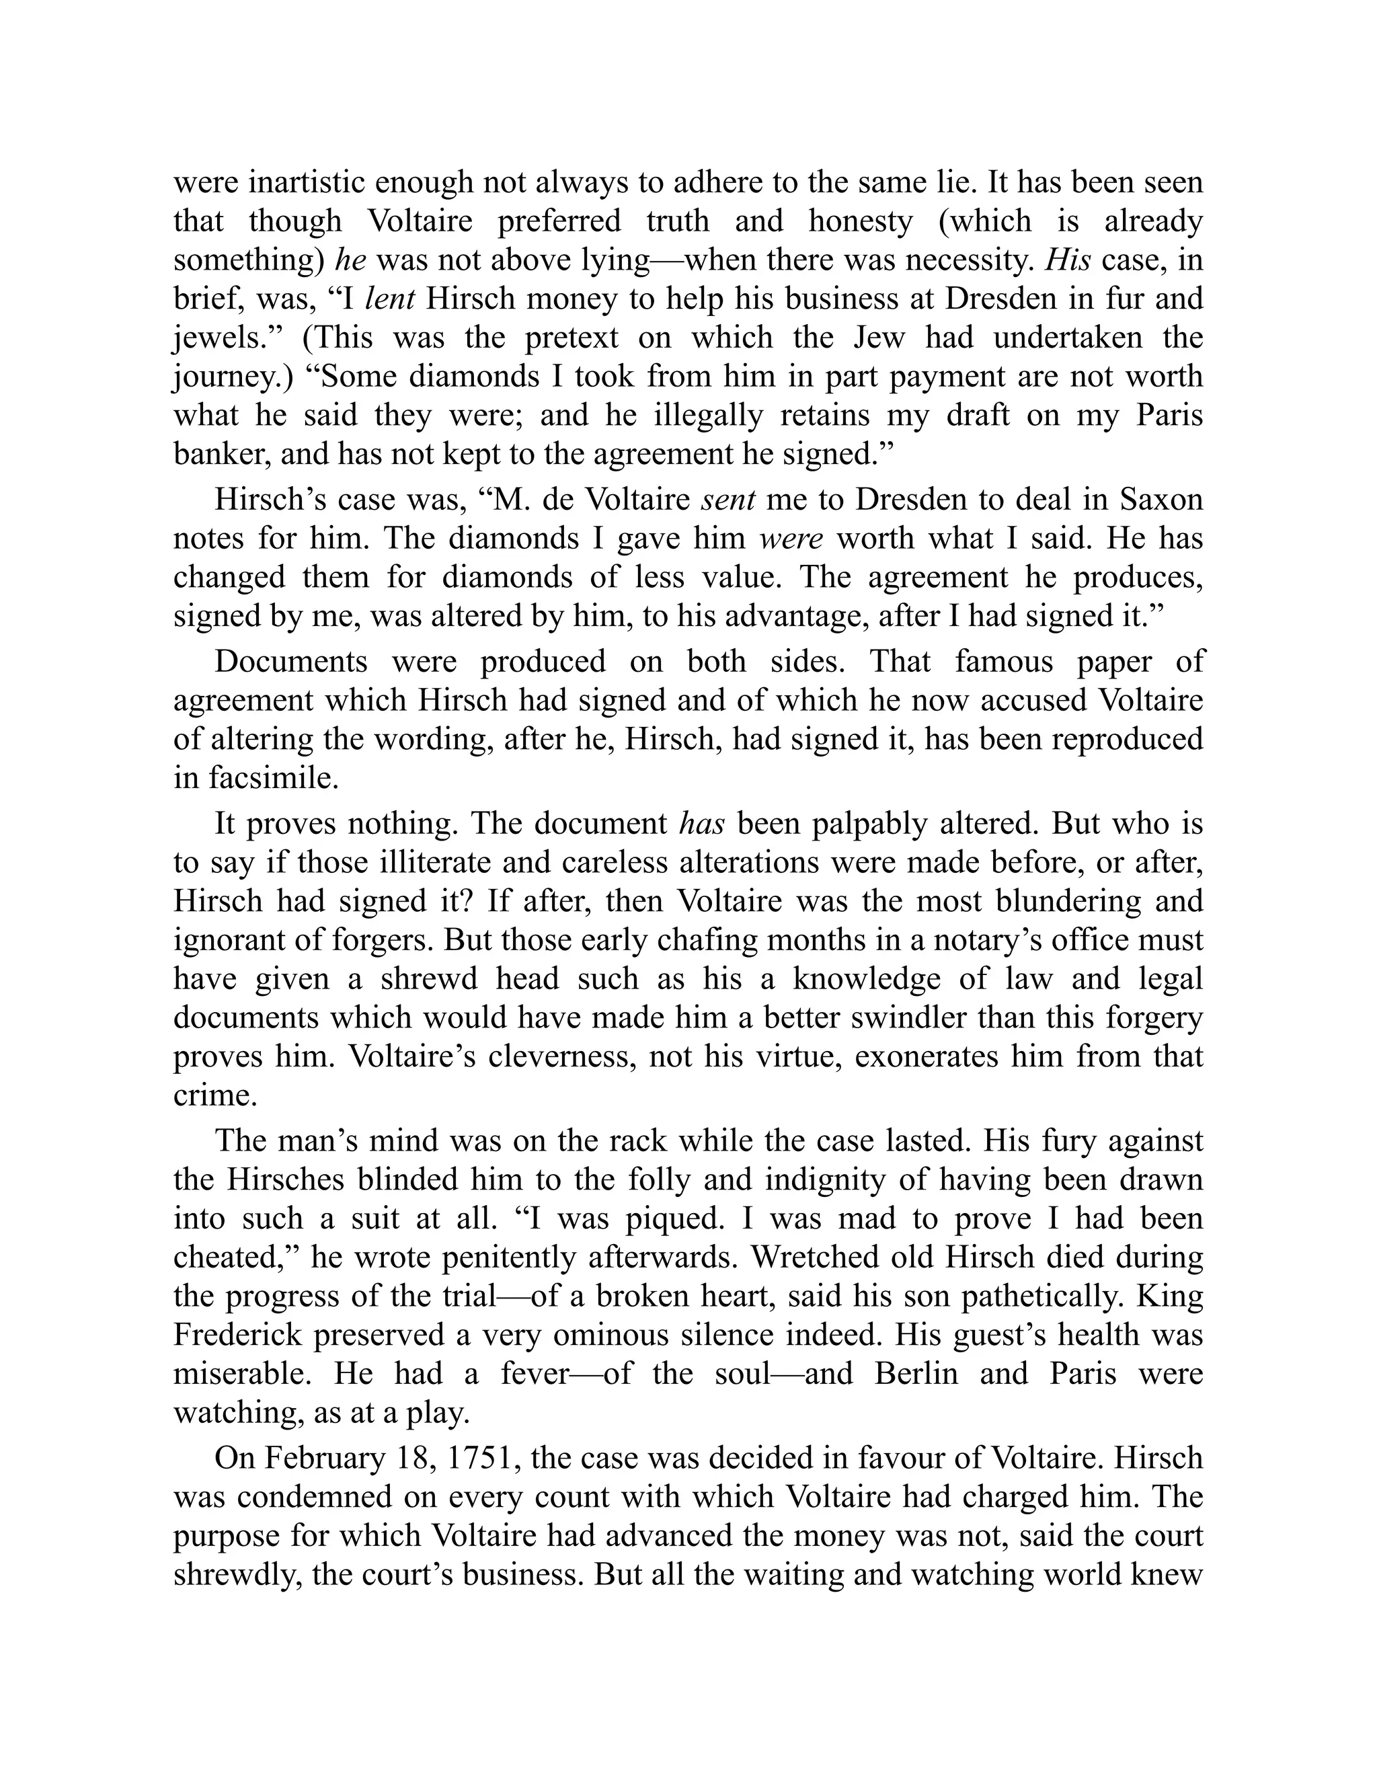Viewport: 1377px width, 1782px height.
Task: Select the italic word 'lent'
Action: click(x=390, y=299)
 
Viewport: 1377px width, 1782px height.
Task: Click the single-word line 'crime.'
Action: click(x=215, y=1095)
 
